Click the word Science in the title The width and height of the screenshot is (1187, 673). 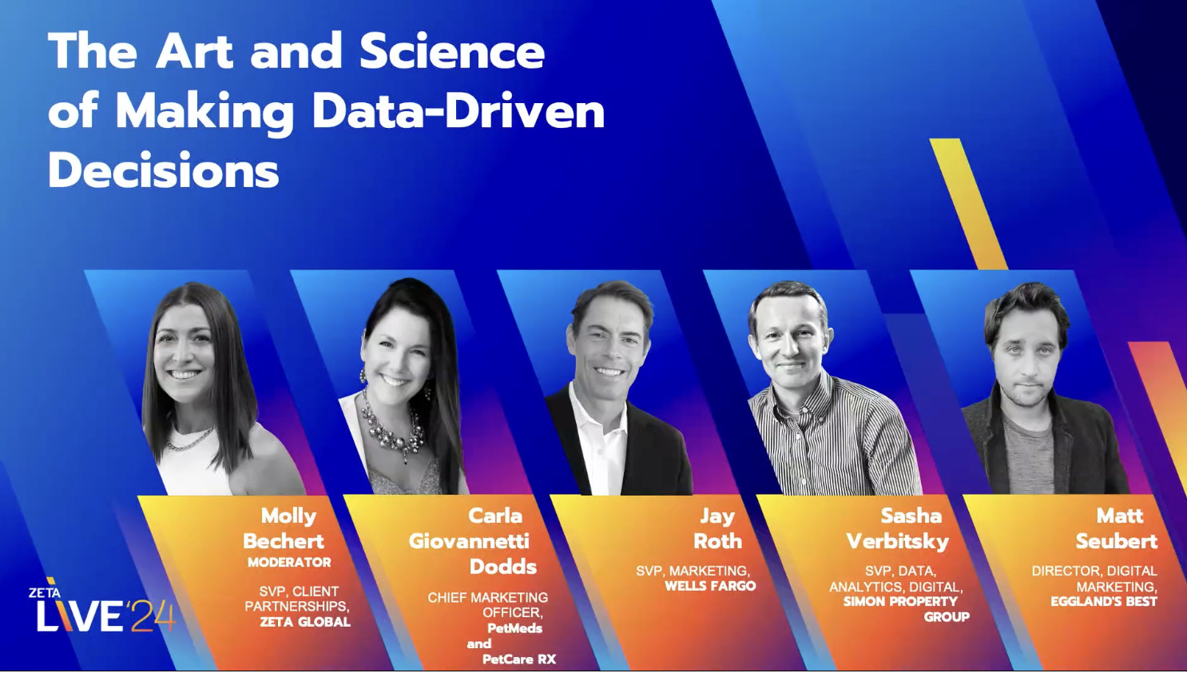pos(451,52)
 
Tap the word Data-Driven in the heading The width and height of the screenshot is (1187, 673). pos(458,111)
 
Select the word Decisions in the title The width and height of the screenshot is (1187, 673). pos(164,170)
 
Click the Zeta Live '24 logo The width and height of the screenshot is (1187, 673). pos(101,609)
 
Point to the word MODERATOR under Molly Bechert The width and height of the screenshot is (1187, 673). pos(289,563)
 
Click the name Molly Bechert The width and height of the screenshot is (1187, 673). pos(284,528)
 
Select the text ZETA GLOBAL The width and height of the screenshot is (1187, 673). pos(305,622)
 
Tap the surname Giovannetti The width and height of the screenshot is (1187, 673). pos(469,541)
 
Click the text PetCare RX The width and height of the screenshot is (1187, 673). pos(518,659)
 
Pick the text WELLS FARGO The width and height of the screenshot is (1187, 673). pos(710,586)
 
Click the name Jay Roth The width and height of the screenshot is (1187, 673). pos(717,528)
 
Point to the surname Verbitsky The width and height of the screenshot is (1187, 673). pos(898,541)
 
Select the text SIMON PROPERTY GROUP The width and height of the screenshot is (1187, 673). pos(907,609)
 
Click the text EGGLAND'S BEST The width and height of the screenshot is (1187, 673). pos(1103,601)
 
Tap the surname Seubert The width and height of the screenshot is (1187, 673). pos(1116,541)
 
